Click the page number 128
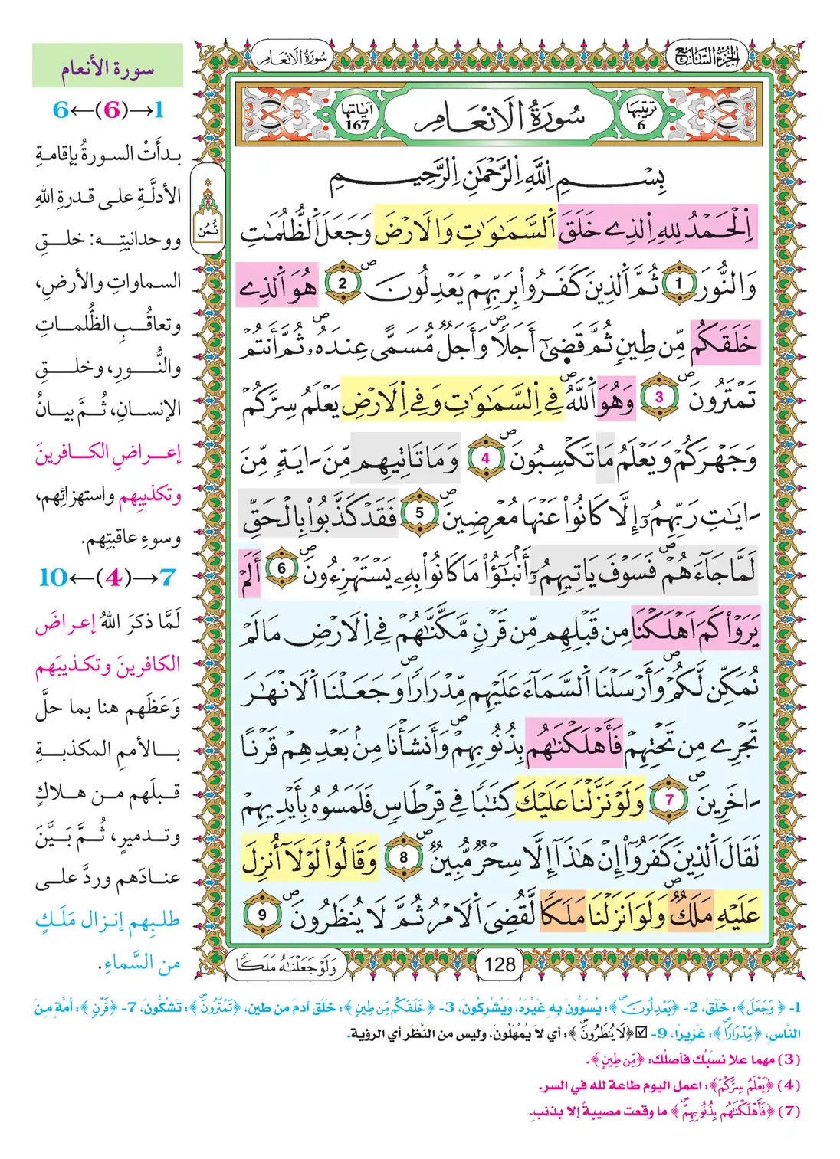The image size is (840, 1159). coord(500,964)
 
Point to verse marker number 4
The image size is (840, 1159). coord(484,459)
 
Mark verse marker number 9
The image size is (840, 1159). coord(261,914)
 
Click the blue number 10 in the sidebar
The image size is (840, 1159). coord(53,577)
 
